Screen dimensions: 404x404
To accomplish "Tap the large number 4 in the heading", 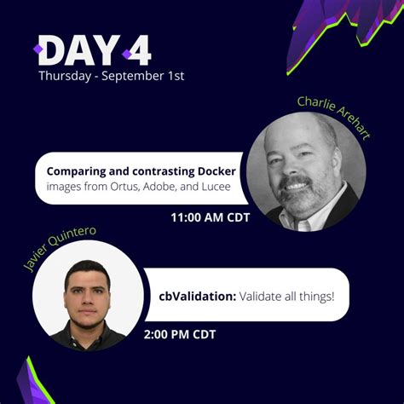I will tap(136, 50).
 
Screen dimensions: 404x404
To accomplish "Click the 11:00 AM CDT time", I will tap(209, 217).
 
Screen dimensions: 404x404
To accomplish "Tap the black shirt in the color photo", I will tap(88, 337).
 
